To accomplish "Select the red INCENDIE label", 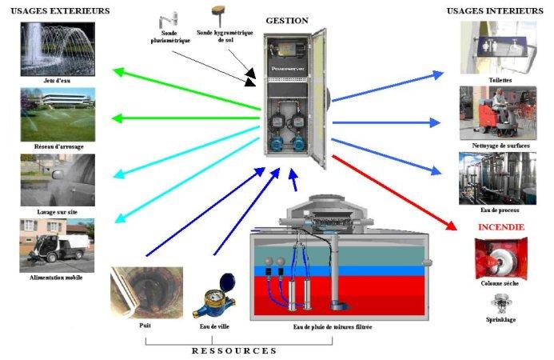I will tap(500, 227).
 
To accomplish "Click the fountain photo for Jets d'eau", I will tap(58, 48).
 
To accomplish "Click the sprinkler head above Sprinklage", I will tap(502, 302).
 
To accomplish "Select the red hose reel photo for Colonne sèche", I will tap(502, 258).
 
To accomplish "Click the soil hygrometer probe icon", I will tap(217, 14).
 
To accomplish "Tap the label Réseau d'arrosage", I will tap(59, 147).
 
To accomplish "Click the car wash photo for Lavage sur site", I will tap(58, 180).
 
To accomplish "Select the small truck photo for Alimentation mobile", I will tap(58, 245).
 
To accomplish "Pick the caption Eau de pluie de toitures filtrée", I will tap(333, 327).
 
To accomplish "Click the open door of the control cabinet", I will tap(319, 100).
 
